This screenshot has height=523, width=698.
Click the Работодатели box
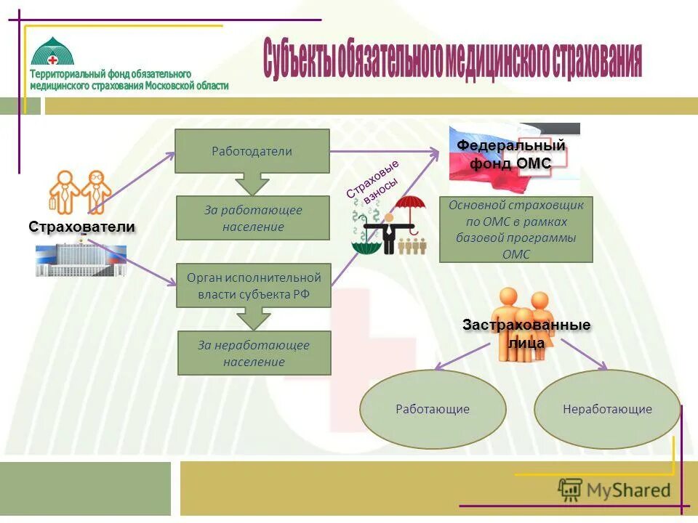point(252,151)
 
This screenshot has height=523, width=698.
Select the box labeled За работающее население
point(253,218)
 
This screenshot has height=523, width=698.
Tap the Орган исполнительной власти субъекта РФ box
point(254,286)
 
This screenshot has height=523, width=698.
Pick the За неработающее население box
point(254,353)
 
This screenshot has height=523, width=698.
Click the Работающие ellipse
point(433,409)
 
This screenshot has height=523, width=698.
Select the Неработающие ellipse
point(607,409)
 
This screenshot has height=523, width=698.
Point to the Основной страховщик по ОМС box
point(516,230)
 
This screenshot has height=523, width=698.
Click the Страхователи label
point(82,227)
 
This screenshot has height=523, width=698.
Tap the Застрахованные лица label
point(526,333)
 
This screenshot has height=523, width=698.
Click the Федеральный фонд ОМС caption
point(511,155)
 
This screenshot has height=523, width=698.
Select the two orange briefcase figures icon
point(81,191)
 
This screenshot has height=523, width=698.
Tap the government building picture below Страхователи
point(81,261)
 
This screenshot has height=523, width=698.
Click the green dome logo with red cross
point(57,51)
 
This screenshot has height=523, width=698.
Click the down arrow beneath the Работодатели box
point(252,184)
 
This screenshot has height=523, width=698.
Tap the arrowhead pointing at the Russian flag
point(435,151)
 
